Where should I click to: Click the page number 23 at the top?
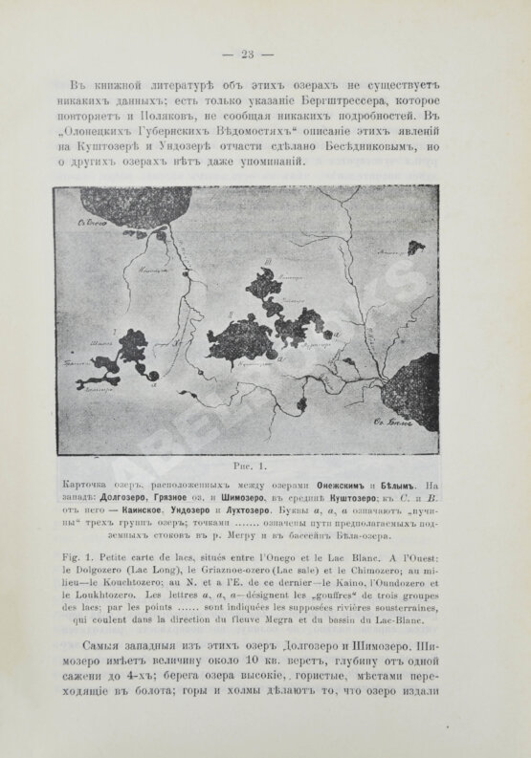point(264,53)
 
